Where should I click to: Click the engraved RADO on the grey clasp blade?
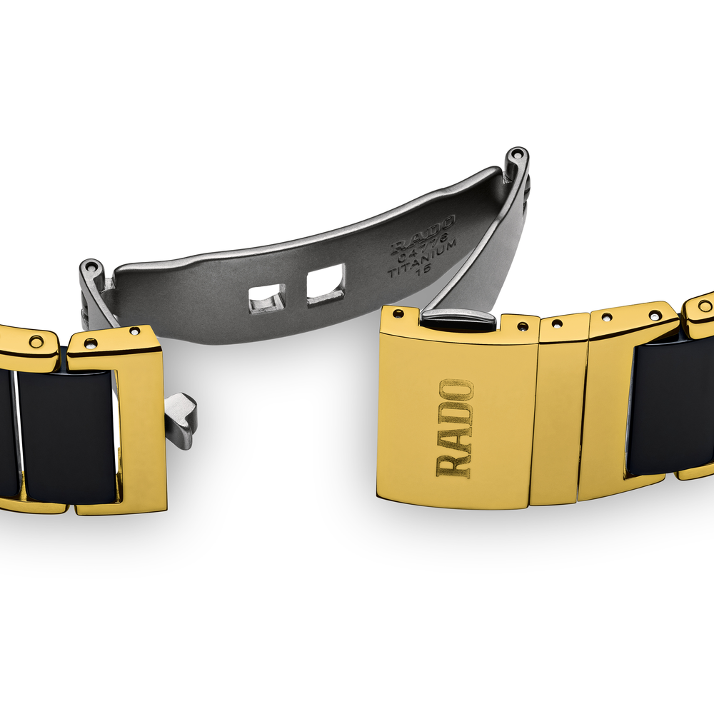pyautogui.click(x=423, y=234)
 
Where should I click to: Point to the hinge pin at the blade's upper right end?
pyautogui.click(x=517, y=154)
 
